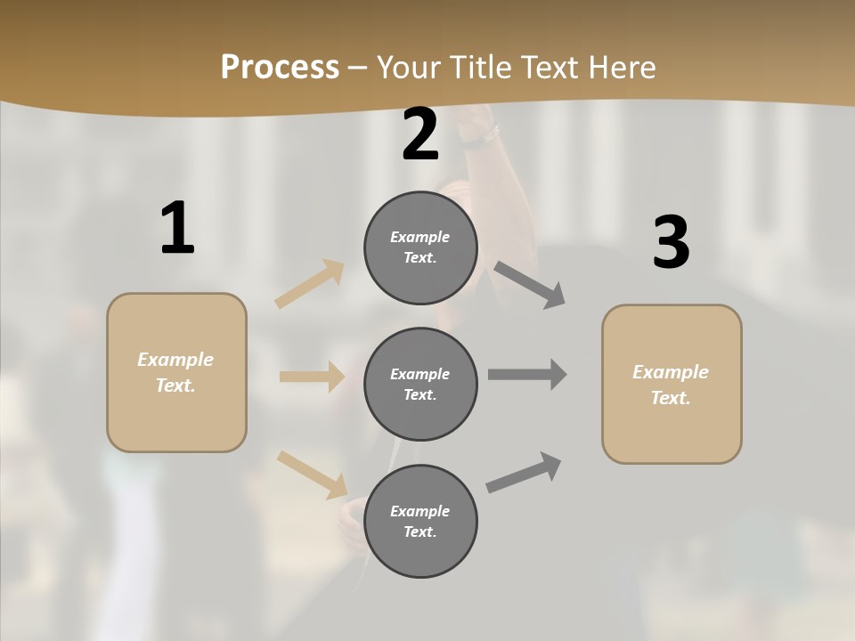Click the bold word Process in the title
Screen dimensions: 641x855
pyautogui.click(x=280, y=68)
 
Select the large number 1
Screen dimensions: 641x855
pyautogui.click(x=177, y=229)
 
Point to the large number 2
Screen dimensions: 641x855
pyautogui.click(x=420, y=135)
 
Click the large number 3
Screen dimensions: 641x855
pyautogui.click(x=671, y=243)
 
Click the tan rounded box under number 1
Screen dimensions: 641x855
pyautogui.click(x=176, y=372)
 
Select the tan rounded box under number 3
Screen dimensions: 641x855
pyautogui.click(x=672, y=384)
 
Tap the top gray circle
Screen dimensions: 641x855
pyautogui.click(x=420, y=247)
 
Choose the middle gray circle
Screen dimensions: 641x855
pyautogui.click(x=420, y=384)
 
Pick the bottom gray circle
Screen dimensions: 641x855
pyautogui.click(x=420, y=521)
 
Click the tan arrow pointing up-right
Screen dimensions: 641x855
pyautogui.click(x=310, y=283)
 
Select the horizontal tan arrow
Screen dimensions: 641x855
pyautogui.click(x=312, y=377)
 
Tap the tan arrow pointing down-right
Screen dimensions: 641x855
pyautogui.click(x=312, y=474)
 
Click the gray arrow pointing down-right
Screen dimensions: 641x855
pyautogui.click(x=530, y=285)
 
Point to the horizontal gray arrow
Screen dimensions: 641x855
pyautogui.click(x=527, y=375)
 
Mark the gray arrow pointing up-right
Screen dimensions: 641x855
pyautogui.click(x=524, y=473)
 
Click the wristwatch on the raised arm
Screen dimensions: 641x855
pyautogui.click(x=485, y=136)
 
